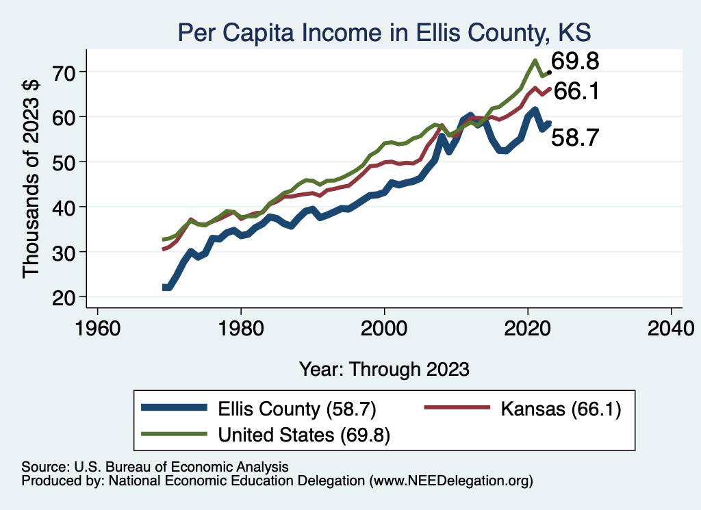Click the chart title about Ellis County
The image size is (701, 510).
(384, 32)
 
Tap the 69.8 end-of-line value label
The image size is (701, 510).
(576, 62)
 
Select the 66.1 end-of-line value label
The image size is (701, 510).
(576, 91)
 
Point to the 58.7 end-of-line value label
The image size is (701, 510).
(576, 138)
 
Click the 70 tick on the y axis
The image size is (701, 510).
(66, 71)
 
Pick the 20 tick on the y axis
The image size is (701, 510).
(66, 297)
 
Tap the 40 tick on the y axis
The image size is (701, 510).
(66, 207)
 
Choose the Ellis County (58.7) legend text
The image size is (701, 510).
(296, 409)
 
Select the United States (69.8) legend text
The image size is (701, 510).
(304, 435)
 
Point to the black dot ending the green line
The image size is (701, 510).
(549, 72)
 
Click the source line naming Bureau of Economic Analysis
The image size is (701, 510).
(155, 466)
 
